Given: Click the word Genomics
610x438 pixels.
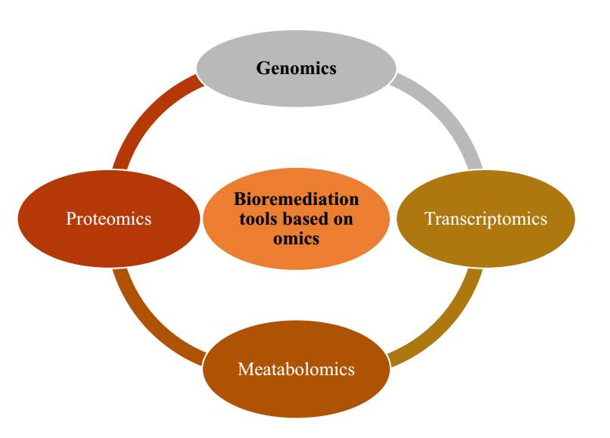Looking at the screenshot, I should (x=296, y=68).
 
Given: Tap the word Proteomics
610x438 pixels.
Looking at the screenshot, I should (x=108, y=219).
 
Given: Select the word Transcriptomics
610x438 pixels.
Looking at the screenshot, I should (x=485, y=219).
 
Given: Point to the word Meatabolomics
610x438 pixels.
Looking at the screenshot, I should (x=296, y=369).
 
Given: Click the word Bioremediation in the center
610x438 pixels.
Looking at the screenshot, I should (x=296, y=200).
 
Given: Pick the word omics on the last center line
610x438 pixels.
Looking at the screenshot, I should (x=296, y=238).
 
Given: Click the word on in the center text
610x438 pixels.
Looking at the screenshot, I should (x=342, y=219).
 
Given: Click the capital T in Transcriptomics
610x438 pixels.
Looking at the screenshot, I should (x=430, y=219).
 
